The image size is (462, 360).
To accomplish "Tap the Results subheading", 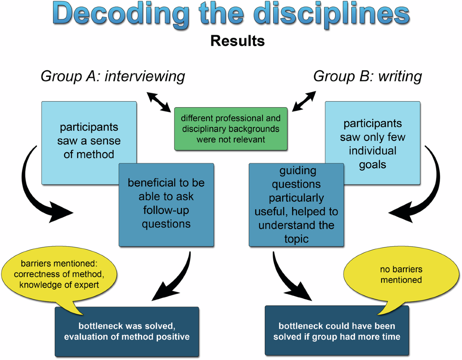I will coord(238,41).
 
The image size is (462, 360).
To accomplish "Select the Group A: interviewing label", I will coord(113,76).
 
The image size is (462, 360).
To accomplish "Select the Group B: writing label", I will coord(367,76).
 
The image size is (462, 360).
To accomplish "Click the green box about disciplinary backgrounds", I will coord(231,128).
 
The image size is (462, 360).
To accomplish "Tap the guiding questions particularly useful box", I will coord(296,204).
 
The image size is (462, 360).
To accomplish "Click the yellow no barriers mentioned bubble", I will coord(400,274).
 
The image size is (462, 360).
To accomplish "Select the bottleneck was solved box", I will coord(127,331).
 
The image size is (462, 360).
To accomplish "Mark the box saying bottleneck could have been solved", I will coord(337,331).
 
